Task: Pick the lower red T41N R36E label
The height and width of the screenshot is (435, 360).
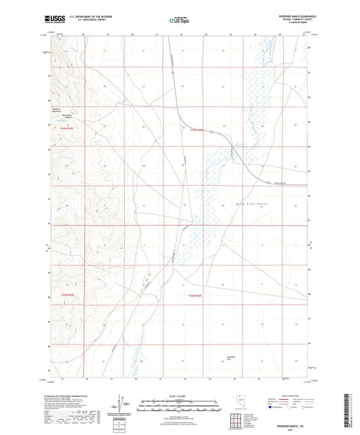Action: [195, 296]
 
